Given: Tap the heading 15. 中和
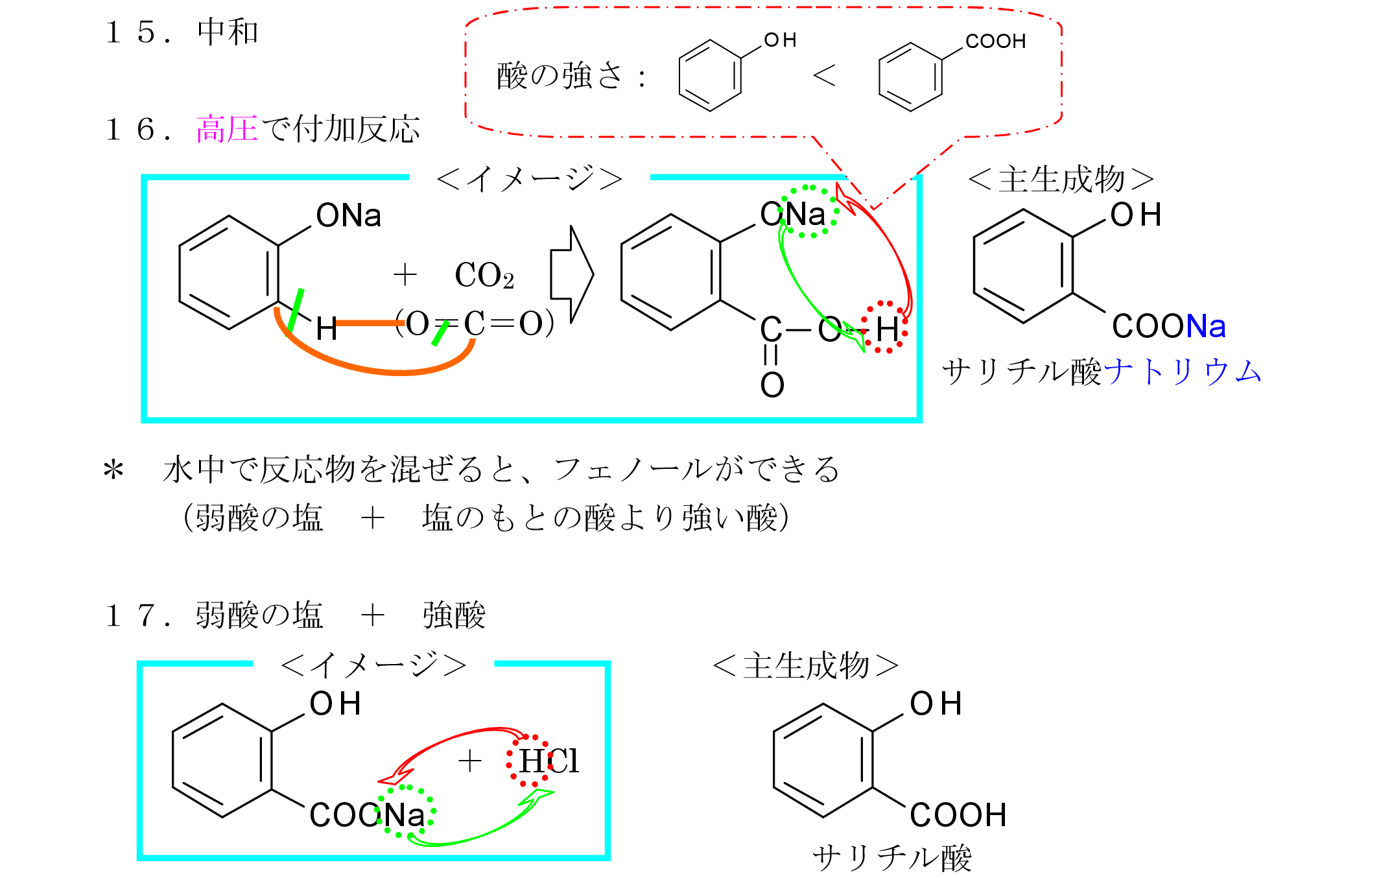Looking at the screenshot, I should (x=182, y=32).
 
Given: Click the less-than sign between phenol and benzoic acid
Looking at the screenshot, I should (x=824, y=76).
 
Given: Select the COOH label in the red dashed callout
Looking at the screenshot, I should (x=995, y=42).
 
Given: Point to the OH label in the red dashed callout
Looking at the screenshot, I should (x=780, y=40).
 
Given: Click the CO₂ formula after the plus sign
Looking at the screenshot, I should (x=484, y=275).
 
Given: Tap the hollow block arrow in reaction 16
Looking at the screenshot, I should (x=571, y=274).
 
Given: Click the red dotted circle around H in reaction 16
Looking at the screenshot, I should (x=885, y=327).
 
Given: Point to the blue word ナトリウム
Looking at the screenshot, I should (x=1181, y=372).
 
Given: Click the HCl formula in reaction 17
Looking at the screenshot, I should (x=549, y=761).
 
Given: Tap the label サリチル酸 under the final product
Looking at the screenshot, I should (x=891, y=858).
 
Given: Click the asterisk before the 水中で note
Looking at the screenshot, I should (x=113, y=469).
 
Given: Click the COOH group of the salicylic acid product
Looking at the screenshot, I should (x=958, y=815).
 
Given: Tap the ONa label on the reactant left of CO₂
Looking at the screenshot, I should (x=348, y=215).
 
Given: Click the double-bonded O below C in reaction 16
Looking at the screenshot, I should (x=772, y=385).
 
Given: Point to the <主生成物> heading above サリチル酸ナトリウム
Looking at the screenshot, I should (x=1061, y=179).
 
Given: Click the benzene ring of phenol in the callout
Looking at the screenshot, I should (x=710, y=76).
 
